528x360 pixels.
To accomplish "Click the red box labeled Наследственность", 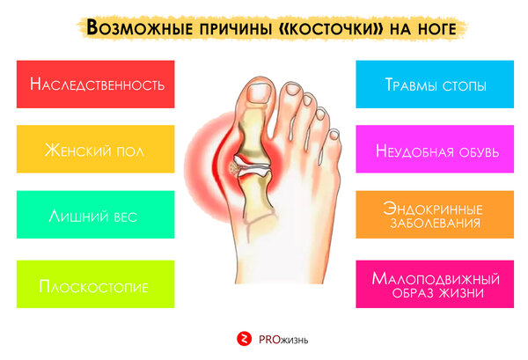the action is pyautogui.click(x=96, y=84).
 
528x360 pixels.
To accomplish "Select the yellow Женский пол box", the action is pyautogui.click(x=96, y=149).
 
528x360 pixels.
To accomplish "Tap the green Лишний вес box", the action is pyautogui.click(x=96, y=215).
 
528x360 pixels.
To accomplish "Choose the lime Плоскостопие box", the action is pyautogui.click(x=96, y=284).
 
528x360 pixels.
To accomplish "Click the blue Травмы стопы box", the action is pyautogui.click(x=435, y=84).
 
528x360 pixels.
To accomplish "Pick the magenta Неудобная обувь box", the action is pyautogui.click(x=435, y=149).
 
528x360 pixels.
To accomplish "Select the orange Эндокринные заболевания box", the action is pyautogui.click(x=435, y=215).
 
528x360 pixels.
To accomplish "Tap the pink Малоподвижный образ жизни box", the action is pyautogui.click(x=435, y=284).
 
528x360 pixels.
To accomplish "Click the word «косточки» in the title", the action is pyautogui.click(x=331, y=29).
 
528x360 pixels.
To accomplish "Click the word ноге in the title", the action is pyautogui.click(x=437, y=29).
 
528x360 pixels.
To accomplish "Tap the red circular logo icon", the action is pyautogui.click(x=244, y=339).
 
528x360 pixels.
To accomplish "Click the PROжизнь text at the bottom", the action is pyautogui.click(x=283, y=340).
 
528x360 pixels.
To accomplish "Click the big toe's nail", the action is pyautogui.click(x=259, y=93).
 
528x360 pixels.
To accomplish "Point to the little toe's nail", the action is pyautogui.click(x=334, y=135).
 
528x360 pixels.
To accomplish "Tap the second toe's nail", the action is pyautogui.click(x=293, y=89).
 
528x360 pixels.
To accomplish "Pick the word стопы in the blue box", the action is pyautogui.click(x=465, y=86).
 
